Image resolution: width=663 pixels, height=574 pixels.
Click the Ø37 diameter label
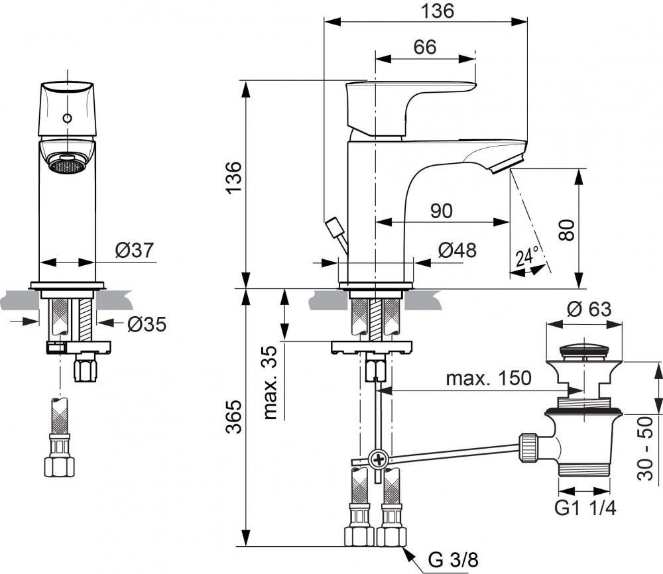[x=134, y=250]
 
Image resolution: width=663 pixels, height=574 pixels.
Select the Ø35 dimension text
[x=146, y=324]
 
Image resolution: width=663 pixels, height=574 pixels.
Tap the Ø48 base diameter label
[x=457, y=251]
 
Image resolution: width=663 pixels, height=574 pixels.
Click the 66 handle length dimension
[x=424, y=47]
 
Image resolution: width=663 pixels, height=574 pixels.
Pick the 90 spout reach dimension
[x=441, y=211]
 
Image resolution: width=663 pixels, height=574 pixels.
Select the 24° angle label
[x=528, y=256]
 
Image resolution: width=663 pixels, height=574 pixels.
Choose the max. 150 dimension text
[x=488, y=378]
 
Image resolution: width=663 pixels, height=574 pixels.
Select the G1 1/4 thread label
[x=585, y=508]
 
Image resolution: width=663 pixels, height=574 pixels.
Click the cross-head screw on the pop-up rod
[x=379, y=458]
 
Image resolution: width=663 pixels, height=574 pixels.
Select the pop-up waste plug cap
[x=583, y=351]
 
